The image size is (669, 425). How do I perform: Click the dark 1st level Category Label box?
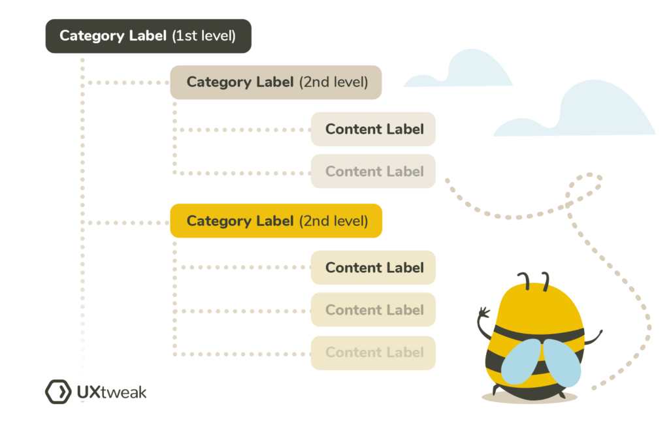coord(148,36)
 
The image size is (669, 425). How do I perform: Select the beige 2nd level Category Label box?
coord(276,82)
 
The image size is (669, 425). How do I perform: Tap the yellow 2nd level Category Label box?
coord(276,221)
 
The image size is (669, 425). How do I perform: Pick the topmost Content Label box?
coord(373,129)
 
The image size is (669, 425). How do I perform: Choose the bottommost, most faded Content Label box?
coord(373,353)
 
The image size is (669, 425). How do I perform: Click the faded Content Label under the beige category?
coord(373,171)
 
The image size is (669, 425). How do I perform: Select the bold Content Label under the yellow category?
coord(373,268)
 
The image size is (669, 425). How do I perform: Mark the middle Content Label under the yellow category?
coord(373,310)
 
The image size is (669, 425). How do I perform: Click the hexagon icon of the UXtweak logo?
coord(57,392)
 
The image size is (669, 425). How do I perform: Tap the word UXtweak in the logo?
coord(111,392)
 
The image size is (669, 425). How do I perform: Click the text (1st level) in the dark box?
coord(203,36)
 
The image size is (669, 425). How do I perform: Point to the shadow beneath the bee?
coord(529,397)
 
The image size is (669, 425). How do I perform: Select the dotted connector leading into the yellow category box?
coord(127,223)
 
